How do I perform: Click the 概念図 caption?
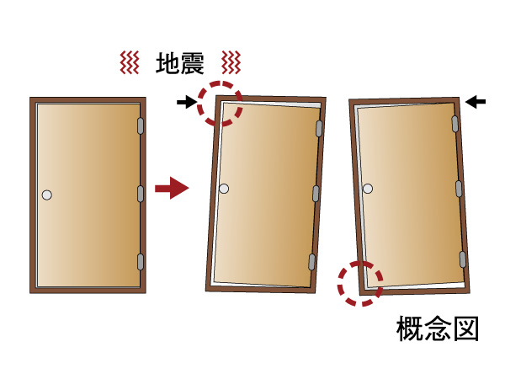[x=438, y=329]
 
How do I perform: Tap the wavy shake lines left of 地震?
[x=129, y=62]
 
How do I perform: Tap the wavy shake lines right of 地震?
[x=231, y=62]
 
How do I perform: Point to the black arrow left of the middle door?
[x=187, y=103]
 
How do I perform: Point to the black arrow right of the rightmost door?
[x=476, y=102]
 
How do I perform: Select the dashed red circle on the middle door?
[x=220, y=104]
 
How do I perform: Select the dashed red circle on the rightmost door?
[x=360, y=282]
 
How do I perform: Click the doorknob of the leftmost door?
[x=47, y=195]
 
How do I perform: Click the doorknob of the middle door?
[x=224, y=188]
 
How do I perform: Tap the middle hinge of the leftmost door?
[x=141, y=193]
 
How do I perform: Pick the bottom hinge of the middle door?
[x=312, y=260]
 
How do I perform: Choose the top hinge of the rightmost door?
[x=455, y=124]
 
